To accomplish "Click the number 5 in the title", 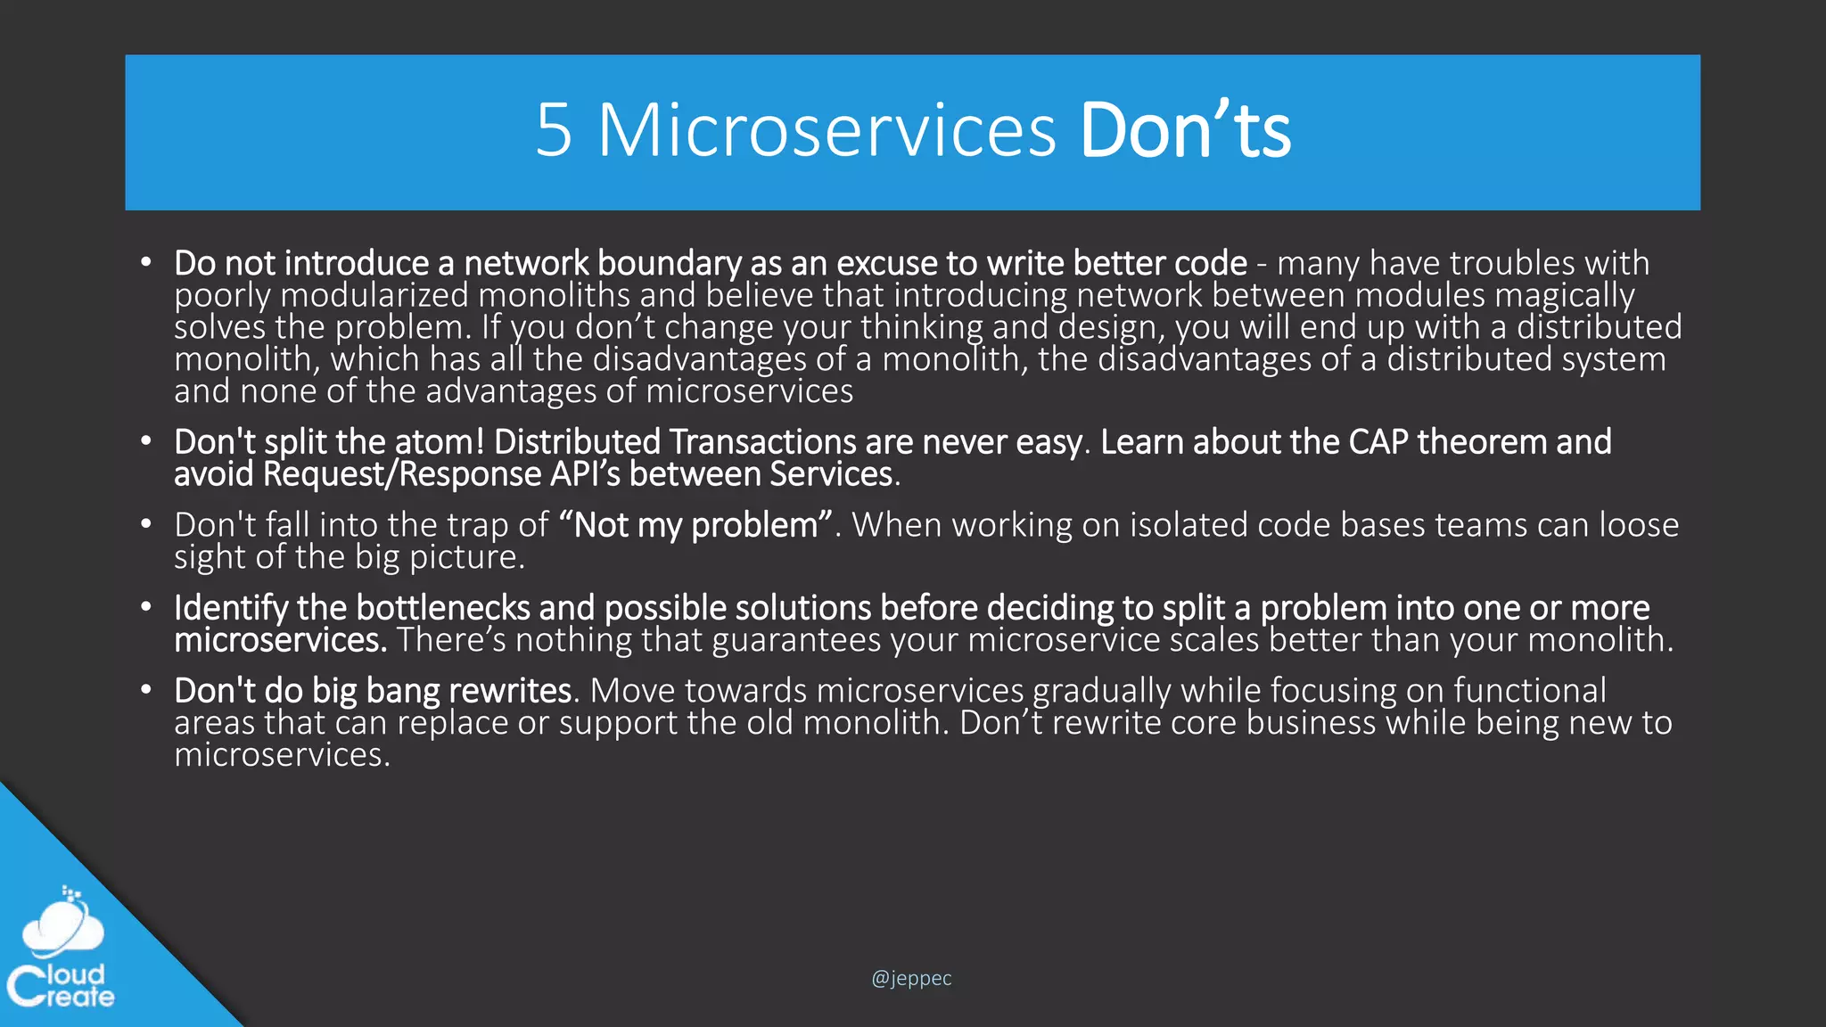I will (554, 130).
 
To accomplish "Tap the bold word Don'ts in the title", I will (1185, 130).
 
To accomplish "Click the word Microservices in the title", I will (827, 130).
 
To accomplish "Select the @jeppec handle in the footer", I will (911, 978).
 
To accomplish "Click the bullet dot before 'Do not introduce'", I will (145, 263).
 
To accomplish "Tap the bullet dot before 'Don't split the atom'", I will (145, 441).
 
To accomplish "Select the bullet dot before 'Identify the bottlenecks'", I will (145, 607).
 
